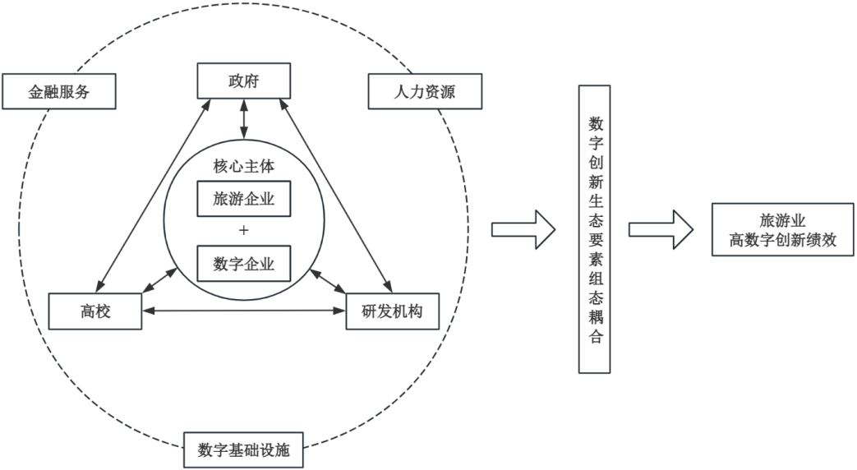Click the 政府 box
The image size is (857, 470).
tap(244, 81)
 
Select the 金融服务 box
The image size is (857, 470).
tap(58, 92)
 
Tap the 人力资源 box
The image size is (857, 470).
tap(423, 92)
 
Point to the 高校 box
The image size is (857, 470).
tap(95, 311)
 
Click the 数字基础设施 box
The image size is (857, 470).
tap(245, 449)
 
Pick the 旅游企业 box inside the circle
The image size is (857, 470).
tap(244, 199)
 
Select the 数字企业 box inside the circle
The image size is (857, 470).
tap(244, 264)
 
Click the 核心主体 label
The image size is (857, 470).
tap(244, 167)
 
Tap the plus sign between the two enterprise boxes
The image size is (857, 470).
tap(244, 231)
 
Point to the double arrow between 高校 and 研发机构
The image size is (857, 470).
tap(244, 311)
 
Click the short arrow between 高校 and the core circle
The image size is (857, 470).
tap(161, 279)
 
